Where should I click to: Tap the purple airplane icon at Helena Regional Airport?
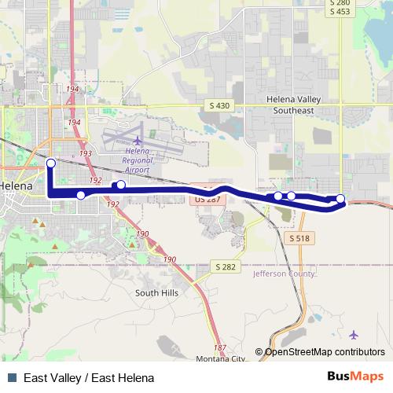pyautogui.click(x=138, y=140)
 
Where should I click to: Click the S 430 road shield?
pyautogui.click(x=222, y=105)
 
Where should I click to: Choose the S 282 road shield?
pyautogui.click(x=225, y=267)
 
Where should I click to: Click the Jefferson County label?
pyautogui.click(x=284, y=274)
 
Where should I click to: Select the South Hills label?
pyautogui.click(x=157, y=292)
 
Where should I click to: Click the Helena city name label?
pyautogui.click(x=16, y=186)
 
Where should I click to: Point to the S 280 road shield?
pyautogui.click(x=339, y=3)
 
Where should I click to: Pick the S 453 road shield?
pyautogui.click(x=339, y=12)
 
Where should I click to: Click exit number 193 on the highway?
pyautogui.click(x=86, y=153)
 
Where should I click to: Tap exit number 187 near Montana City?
pyautogui.click(x=219, y=347)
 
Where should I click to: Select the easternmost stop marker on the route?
pyautogui.click(x=340, y=199)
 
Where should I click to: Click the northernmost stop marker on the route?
pyautogui.click(x=50, y=163)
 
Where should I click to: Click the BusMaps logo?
pyautogui.click(x=354, y=377)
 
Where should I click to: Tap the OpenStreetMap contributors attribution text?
pyautogui.click(x=324, y=352)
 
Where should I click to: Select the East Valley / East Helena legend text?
pyautogui.click(x=89, y=378)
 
